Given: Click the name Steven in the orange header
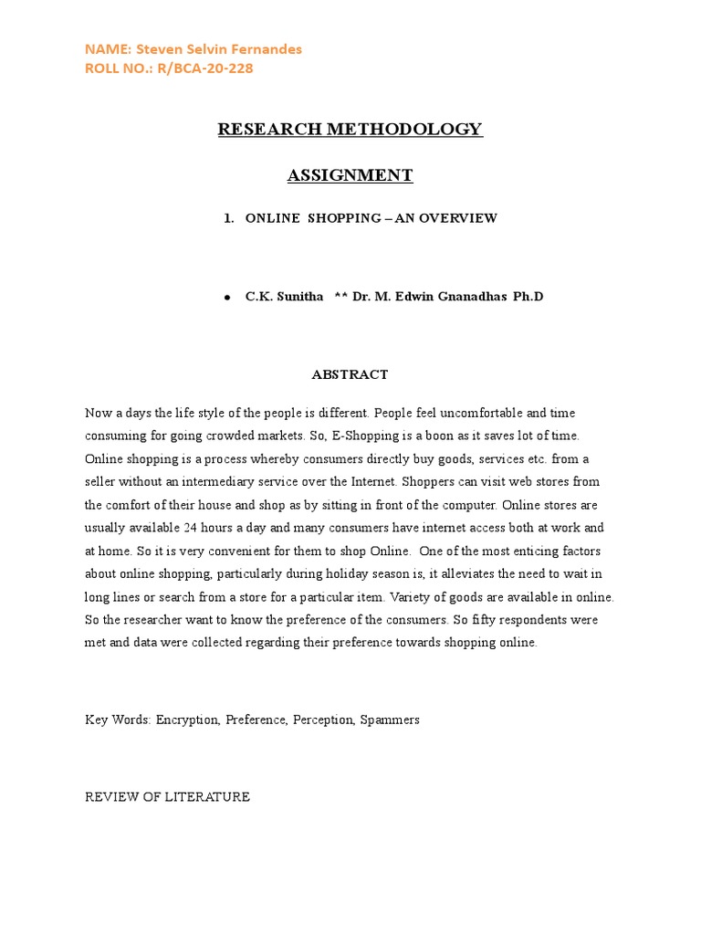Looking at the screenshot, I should pos(156,49).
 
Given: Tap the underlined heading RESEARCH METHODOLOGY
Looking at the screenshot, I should pos(350,129).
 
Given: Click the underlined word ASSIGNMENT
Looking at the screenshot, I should pos(350,175).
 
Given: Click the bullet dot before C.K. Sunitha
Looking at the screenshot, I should pos(226,299).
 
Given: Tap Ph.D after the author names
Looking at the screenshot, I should pos(528,297).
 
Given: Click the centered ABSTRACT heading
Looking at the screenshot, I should pos(350,374).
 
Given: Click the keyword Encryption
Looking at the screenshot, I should pos(187,720).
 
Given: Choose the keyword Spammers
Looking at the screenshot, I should pos(390,720).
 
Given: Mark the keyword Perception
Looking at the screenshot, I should pos(325,720).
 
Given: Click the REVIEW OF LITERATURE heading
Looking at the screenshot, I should pos(167,797).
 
